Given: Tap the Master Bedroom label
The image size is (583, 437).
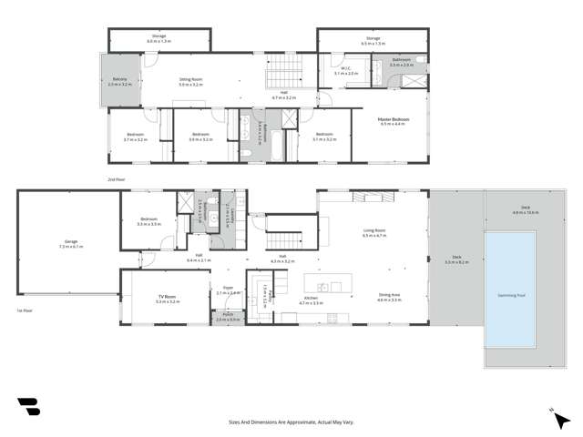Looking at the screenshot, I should coord(394,120).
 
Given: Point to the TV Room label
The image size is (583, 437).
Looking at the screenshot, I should coord(166,298).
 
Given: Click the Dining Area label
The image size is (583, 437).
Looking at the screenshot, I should coord(390,296).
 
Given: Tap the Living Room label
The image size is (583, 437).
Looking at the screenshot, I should coord(373,233).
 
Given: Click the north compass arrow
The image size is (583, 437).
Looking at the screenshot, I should coord(552,412).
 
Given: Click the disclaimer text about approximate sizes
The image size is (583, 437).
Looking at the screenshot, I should coord(291,422).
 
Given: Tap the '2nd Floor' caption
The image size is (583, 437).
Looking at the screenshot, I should coord(116,180).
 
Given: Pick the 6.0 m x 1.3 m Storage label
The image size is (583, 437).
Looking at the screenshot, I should coord(159,39).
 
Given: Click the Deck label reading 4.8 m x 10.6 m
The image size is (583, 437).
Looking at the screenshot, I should coord(526,212).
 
